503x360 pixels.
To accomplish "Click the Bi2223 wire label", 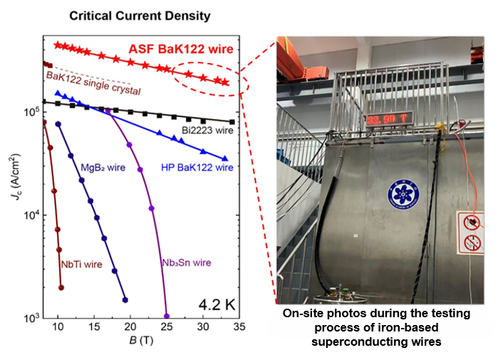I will click(206, 130).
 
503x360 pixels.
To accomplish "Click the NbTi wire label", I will click(81, 264).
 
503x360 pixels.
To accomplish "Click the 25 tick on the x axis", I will click(167, 327).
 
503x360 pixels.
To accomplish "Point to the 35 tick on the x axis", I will click(239, 327).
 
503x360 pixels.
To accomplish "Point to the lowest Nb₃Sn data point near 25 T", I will click(167, 316).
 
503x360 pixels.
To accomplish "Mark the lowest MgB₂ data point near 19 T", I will click(125, 300).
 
